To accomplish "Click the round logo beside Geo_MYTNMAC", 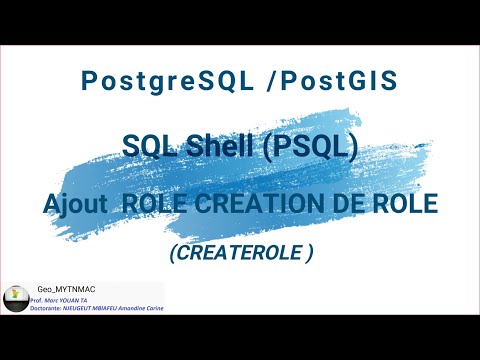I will (x=15, y=297).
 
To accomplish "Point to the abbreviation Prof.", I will (x=38, y=299).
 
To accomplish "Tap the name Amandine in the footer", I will (x=134, y=308).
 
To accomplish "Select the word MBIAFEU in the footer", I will (x=110, y=308).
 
